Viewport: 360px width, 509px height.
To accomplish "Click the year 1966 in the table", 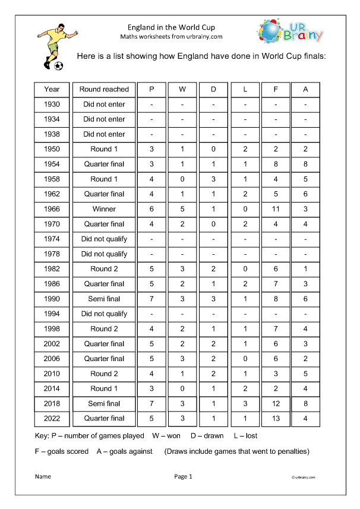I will point(52,209).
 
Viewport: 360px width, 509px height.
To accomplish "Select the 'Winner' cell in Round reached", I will point(104,209).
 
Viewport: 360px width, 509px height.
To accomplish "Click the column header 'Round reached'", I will point(104,89).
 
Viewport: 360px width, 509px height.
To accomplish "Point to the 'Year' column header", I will point(52,89).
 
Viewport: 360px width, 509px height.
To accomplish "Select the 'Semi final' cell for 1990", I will point(104,299).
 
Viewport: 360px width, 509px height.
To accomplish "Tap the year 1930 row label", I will point(52,105).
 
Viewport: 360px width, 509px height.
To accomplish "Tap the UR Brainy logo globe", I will point(270,30).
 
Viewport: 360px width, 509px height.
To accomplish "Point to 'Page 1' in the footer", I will point(183,476).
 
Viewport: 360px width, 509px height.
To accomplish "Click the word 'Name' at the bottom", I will point(43,476).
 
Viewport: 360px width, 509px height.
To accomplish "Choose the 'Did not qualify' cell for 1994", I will point(104,314).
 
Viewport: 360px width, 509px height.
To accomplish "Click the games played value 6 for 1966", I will point(151,209).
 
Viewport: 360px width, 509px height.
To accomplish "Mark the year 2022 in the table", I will point(52,418).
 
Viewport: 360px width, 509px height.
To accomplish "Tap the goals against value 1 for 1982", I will point(305,269).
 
